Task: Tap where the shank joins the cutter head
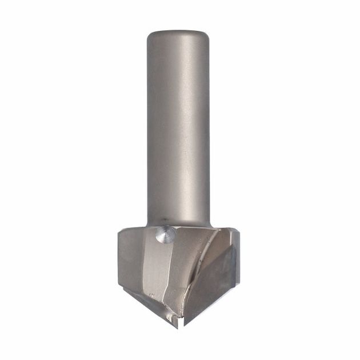180,224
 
